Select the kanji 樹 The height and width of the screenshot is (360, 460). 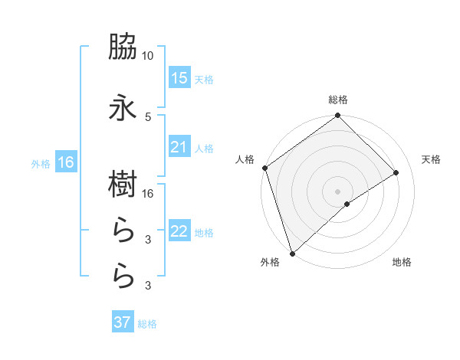coord(123,185)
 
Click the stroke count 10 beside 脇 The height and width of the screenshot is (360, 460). coord(148,56)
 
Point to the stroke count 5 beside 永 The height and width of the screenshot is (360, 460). coord(148,116)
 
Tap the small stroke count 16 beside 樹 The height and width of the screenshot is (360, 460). coord(148,194)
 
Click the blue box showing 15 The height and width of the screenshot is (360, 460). coord(179,78)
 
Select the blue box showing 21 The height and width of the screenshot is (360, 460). coord(179,147)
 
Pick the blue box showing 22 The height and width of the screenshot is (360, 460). coord(179,231)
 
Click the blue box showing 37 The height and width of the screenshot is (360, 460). coord(123,322)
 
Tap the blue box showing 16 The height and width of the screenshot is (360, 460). coord(65,162)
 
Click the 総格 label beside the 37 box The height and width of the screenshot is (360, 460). coord(147,324)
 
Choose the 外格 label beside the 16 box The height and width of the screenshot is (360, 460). coord(40,163)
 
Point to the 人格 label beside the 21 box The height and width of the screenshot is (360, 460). coord(204,148)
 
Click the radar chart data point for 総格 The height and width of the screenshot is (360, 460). coord(337,116)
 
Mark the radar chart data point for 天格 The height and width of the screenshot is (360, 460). coord(396,173)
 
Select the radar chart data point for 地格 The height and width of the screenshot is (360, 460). coord(347,204)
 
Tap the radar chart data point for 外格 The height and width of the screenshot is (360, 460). coord(291,253)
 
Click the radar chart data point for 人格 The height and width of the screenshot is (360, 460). coord(264,168)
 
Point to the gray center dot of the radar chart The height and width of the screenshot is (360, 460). coord(337,191)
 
